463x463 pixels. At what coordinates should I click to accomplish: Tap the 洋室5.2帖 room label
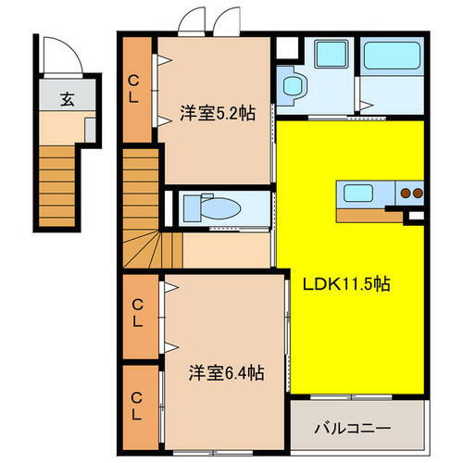[x=216, y=114]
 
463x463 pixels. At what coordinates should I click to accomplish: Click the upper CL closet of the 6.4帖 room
[x=137, y=315]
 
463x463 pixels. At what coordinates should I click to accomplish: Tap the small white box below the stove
[x=416, y=217]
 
